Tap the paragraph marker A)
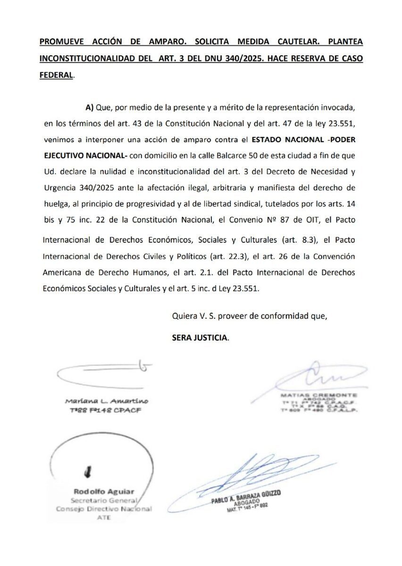tap(90, 108)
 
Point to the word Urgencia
tap(59, 188)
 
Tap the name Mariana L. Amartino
tap(107, 401)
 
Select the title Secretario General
tap(104, 500)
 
